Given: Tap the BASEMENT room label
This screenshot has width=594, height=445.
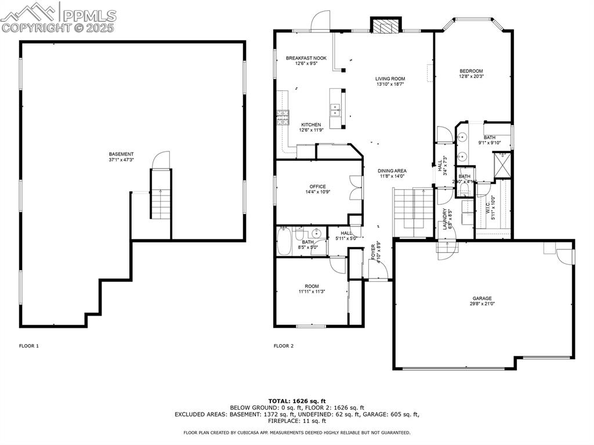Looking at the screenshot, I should click(x=121, y=157).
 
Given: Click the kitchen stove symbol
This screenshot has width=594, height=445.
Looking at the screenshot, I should click(x=282, y=118).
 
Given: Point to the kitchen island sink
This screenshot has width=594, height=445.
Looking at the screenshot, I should click(x=335, y=108).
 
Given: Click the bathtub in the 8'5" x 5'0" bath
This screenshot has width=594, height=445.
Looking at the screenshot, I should click(x=285, y=242).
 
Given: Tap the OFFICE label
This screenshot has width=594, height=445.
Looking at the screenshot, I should click(x=317, y=189).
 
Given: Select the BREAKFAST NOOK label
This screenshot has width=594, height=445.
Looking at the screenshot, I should click(x=306, y=60).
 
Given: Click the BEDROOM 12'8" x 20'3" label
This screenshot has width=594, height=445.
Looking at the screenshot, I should click(x=471, y=73).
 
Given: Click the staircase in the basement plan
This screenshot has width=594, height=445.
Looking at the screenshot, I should click(x=160, y=194).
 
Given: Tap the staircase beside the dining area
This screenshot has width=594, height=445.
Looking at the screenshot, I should click(x=413, y=211).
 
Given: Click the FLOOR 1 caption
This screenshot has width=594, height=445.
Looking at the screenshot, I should click(x=28, y=346).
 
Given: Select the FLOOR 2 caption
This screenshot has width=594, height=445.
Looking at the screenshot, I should click(x=284, y=346).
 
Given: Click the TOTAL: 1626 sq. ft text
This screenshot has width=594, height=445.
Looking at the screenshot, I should click(x=296, y=401).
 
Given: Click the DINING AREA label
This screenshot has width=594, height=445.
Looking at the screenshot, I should click(x=392, y=173).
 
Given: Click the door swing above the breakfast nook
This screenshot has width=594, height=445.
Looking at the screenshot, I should click(x=319, y=21).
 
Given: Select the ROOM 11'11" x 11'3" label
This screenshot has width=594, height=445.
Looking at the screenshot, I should click(x=312, y=289).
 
